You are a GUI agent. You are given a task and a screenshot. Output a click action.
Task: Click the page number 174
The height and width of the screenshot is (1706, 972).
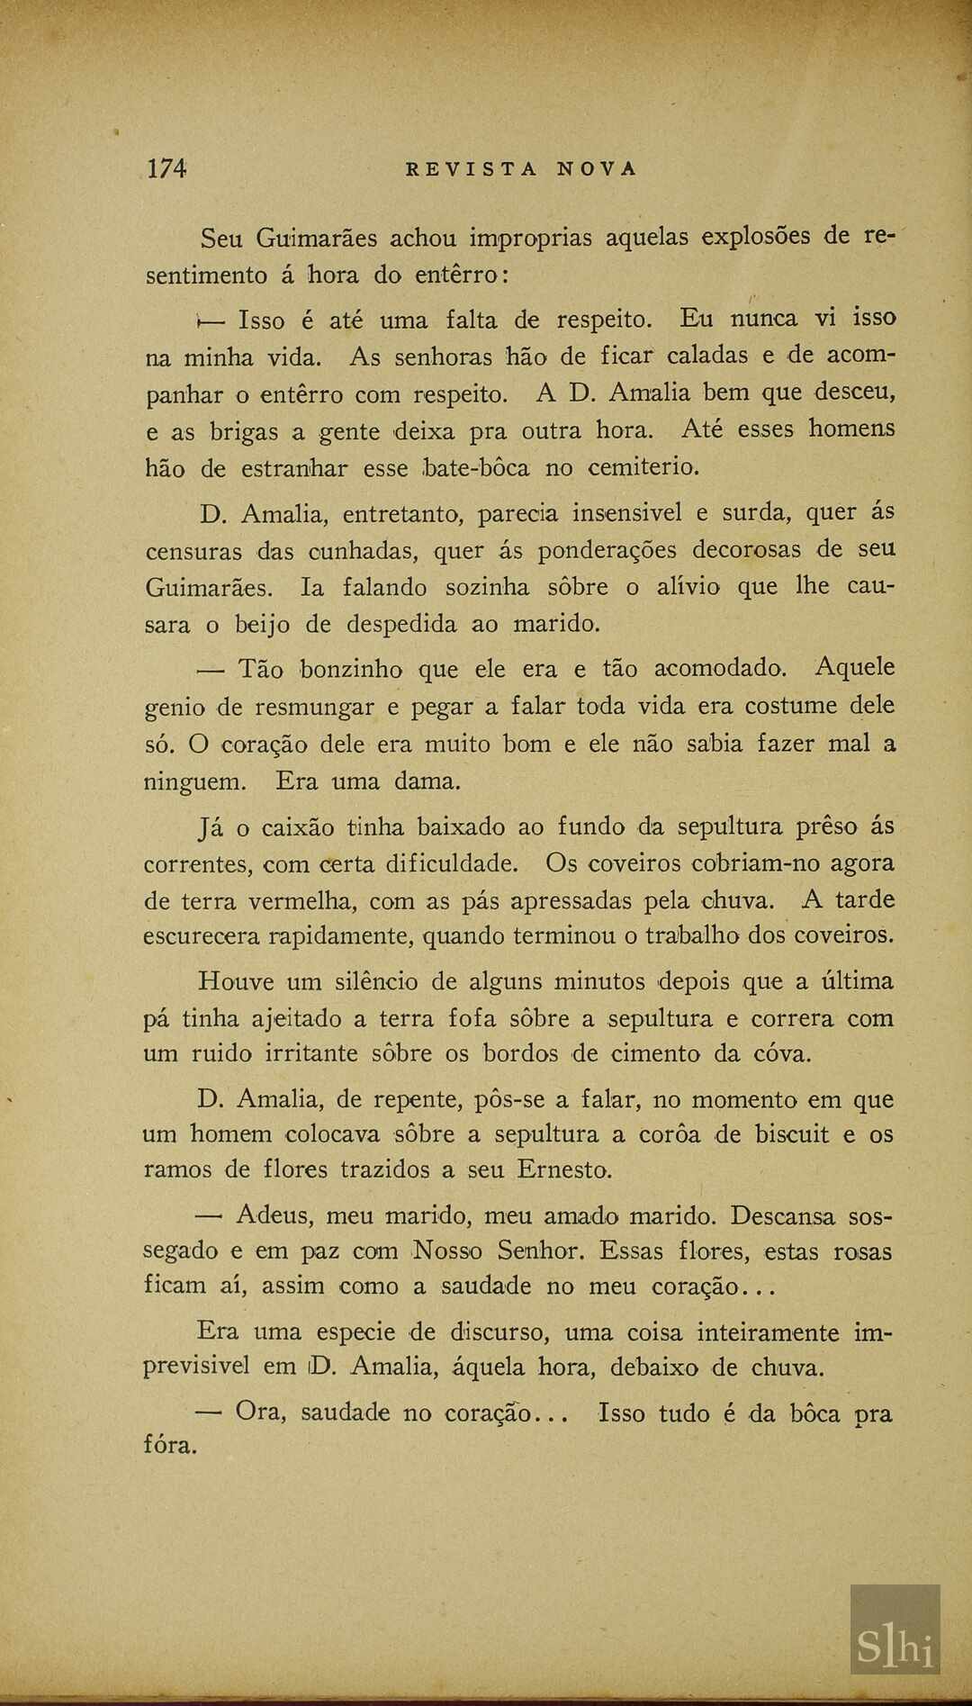[167, 168]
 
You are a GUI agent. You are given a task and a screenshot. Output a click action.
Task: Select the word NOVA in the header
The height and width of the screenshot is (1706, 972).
[597, 169]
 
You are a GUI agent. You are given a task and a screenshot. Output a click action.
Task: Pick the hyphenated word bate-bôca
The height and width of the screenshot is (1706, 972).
[476, 468]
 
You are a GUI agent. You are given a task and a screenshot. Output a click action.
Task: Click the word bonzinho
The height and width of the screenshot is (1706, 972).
[351, 669]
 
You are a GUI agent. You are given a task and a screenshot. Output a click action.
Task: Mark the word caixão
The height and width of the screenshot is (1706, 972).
[298, 826]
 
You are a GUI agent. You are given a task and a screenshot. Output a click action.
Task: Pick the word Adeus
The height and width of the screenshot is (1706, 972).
[274, 1215]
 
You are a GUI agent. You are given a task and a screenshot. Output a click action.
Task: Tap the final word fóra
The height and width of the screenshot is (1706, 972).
[170, 1446]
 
